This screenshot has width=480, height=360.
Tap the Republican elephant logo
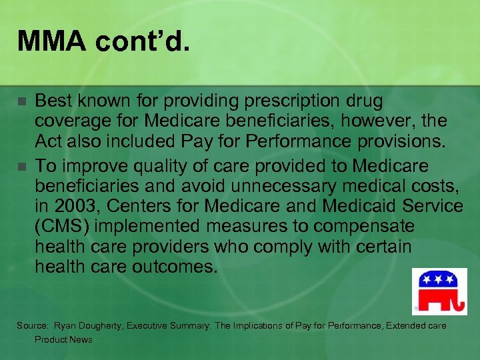pos(439,291)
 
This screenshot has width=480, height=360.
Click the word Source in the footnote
pos(32,325)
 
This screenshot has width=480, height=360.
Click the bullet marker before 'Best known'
pos(22,102)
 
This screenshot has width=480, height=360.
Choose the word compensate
pos(363,226)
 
